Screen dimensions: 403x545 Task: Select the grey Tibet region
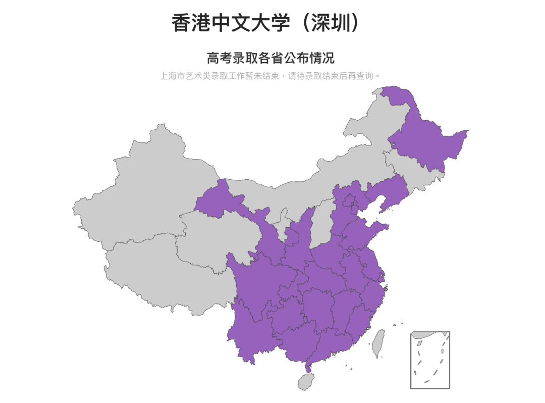[x=151, y=273]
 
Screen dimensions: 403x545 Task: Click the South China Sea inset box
[x=430, y=360]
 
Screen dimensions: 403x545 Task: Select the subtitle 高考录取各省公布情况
[x=270, y=58]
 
